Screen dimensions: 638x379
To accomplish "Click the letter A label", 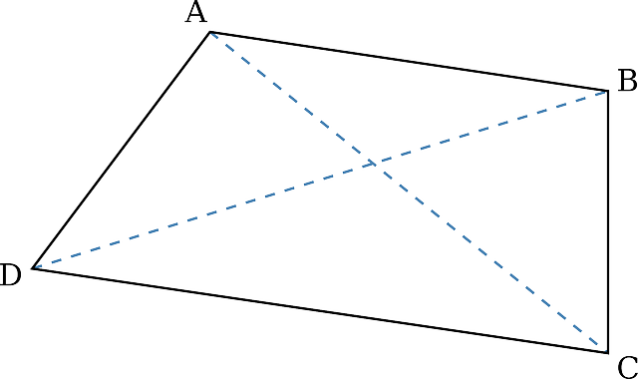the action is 195,13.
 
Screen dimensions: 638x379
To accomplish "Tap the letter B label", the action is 626,81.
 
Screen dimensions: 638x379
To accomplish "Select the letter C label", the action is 626,364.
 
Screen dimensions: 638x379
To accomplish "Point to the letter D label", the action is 10,275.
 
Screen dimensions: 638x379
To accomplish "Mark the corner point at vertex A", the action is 210,32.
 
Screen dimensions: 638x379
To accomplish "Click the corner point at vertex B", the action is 608,91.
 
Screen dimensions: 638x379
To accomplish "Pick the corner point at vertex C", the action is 608,351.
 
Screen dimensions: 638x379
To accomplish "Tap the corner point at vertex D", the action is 34,268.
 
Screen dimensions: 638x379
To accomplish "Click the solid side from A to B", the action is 409,61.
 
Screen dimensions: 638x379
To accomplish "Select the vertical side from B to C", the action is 608,219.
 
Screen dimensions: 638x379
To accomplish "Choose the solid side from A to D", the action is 122,150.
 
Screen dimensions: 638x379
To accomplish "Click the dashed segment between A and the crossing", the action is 291,97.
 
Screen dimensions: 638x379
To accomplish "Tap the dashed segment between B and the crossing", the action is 490,127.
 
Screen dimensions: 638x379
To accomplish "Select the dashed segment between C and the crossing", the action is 490,256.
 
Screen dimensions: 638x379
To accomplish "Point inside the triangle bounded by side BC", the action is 528,199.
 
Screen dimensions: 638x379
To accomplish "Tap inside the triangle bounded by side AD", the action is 204,155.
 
